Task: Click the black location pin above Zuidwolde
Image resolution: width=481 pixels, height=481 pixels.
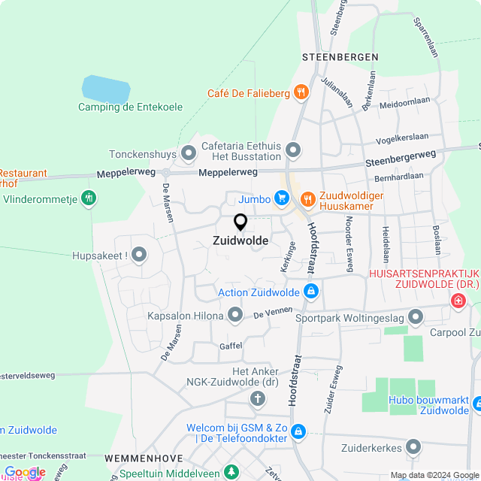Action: (240, 222)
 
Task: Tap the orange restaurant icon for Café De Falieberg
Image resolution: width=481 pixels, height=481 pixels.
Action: (301, 93)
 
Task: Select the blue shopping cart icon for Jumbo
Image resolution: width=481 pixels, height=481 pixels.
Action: (282, 198)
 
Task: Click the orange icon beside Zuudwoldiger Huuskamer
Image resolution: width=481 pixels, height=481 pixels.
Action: (307, 199)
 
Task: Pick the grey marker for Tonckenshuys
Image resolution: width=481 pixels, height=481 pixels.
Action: (188, 154)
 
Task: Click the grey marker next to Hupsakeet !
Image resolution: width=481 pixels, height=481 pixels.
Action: (139, 256)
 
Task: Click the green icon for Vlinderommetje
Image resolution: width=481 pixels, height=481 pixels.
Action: (89, 198)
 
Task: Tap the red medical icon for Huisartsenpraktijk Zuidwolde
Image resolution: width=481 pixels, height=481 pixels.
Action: (457, 301)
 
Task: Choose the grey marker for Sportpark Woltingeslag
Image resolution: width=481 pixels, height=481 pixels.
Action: (415, 318)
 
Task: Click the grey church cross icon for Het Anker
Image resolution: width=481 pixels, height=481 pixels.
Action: (258, 398)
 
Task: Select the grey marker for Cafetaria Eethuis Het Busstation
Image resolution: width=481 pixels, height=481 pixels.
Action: (293, 150)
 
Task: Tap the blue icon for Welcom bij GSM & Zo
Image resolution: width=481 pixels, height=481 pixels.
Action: (298, 431)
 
